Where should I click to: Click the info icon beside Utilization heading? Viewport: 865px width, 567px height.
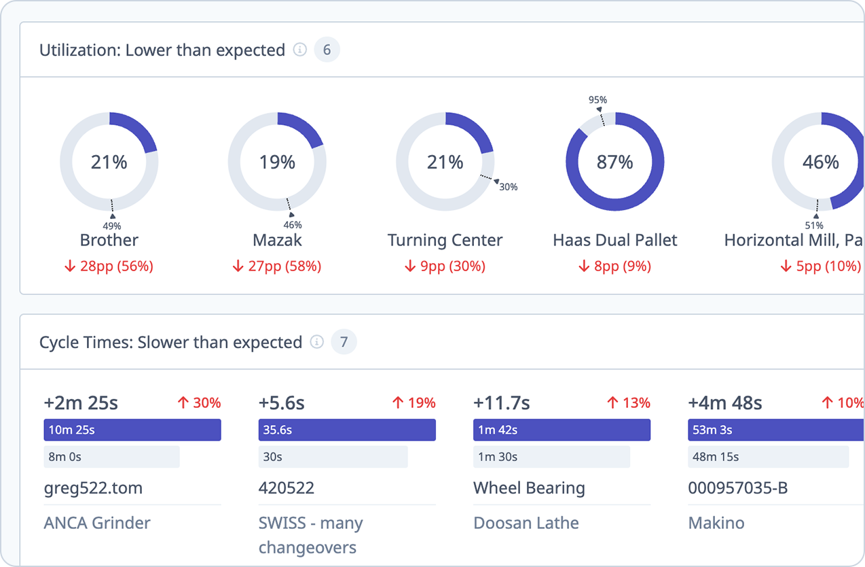299,50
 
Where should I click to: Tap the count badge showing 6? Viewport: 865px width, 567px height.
327,50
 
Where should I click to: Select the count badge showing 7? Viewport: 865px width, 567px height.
344,342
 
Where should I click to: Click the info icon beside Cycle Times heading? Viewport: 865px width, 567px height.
316,342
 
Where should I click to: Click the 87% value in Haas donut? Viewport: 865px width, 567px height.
614,162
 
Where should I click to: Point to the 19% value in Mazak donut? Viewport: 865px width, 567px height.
277,162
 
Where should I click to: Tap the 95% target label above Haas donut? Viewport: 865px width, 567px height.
597,100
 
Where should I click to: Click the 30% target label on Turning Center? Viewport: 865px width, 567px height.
509,186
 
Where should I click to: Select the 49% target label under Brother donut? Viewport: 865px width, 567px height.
112,226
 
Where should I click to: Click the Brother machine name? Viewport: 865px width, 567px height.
109,241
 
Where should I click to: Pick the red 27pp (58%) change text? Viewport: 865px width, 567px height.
277,267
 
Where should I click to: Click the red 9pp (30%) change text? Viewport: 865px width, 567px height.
445,267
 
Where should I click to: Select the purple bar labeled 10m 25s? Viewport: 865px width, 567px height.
132,430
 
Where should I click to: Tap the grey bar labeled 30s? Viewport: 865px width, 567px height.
333,457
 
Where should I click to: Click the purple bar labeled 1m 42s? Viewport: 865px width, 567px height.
562,430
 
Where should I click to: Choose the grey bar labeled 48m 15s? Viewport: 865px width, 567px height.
768,457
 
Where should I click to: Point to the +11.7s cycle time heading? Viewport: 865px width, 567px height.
501,403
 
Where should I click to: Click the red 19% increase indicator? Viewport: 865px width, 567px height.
413,403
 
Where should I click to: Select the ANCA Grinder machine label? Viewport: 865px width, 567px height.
97,523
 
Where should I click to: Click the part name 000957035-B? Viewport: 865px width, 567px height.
738,488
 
